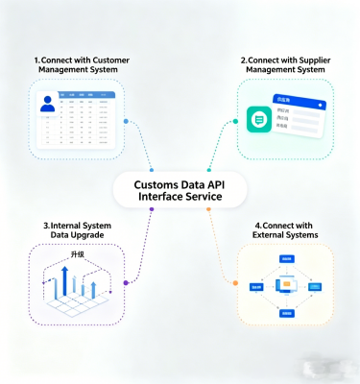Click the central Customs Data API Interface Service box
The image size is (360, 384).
tap(180, 189)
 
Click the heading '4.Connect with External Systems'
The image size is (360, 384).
tap(286, 230)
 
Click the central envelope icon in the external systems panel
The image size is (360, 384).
tap(285, 285)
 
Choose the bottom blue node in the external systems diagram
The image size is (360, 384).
tap(286, 313)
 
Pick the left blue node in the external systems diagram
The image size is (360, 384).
tap(256, 286)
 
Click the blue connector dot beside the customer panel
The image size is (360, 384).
tap(127, 122)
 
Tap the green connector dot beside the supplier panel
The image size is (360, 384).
tap(234, 122)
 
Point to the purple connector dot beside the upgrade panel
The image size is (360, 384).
tap(126, 283)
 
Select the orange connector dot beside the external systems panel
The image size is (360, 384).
tap(235, 282)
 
